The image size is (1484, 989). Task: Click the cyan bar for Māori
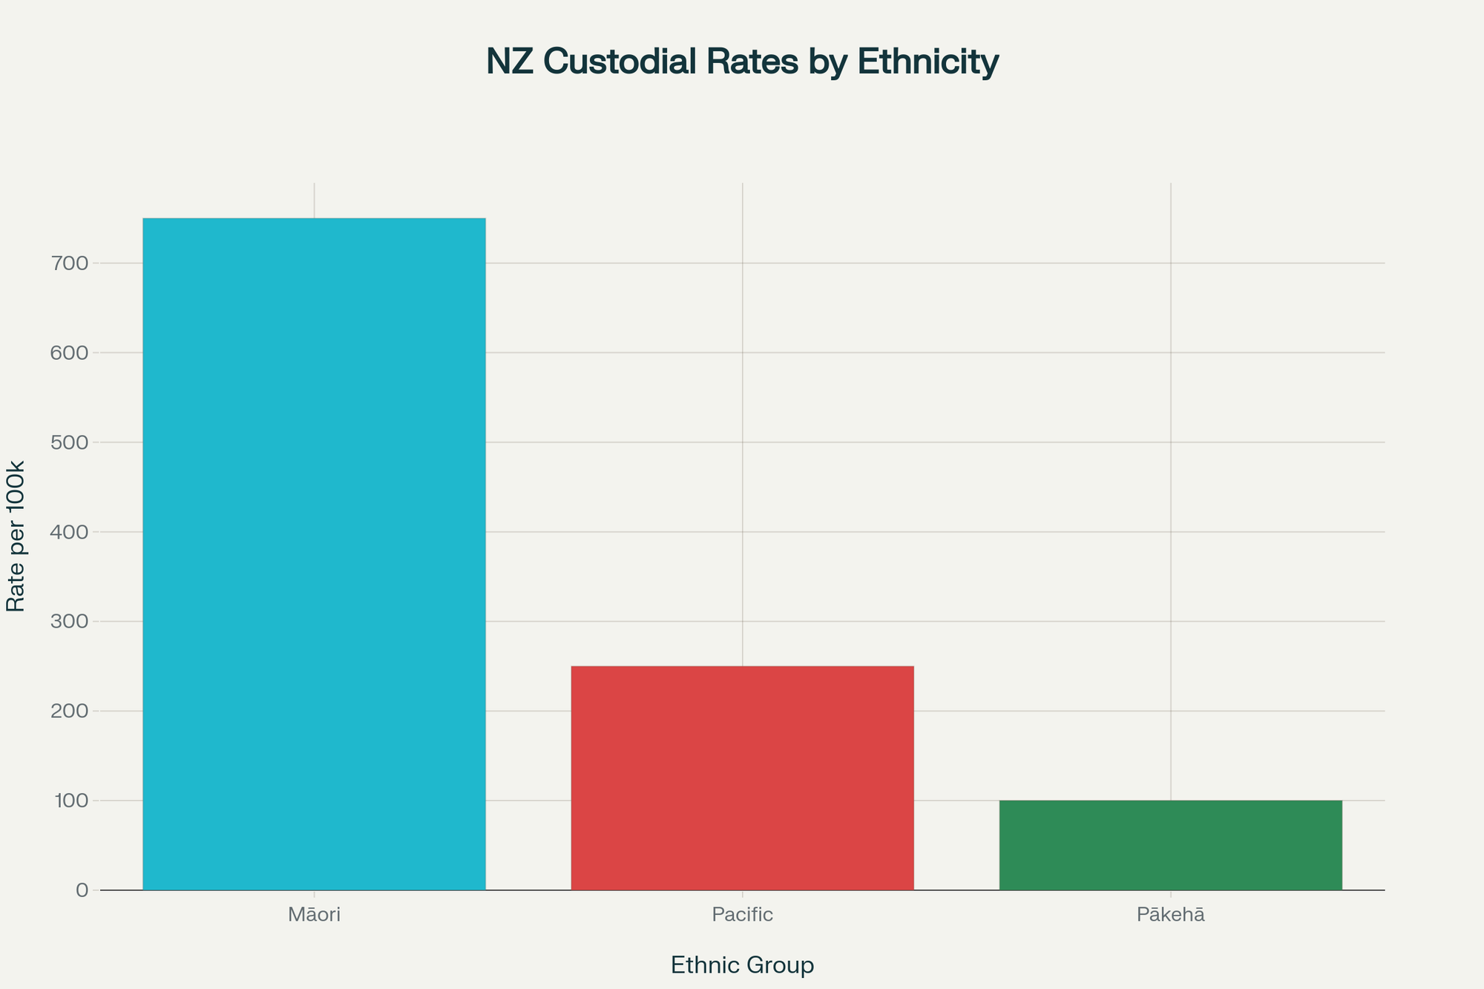click(314, 553)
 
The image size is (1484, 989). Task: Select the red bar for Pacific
click(742, 778)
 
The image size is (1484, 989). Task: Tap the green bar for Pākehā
click(1170, 845)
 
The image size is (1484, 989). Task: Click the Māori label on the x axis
click(314, 915)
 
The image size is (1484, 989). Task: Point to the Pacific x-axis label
click(742, 915)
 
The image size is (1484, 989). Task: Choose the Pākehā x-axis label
click(1170, 915)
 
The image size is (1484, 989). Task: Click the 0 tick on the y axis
click(82, 890)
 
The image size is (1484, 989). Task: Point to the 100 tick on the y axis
click(70, 801)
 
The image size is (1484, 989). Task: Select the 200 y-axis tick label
click(70, 711)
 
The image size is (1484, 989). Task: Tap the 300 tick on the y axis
click(70, 621)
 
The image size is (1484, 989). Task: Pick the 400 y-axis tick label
click(70, 532)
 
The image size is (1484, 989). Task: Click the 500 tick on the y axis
click(70, 442)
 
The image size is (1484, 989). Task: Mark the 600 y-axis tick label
click(70, 352)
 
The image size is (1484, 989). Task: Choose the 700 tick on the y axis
click(70, 263)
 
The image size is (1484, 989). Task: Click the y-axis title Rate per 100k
click(16, 536)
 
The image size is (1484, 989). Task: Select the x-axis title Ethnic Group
click(742, 965)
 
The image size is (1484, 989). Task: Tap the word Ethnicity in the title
click(928, 62)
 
